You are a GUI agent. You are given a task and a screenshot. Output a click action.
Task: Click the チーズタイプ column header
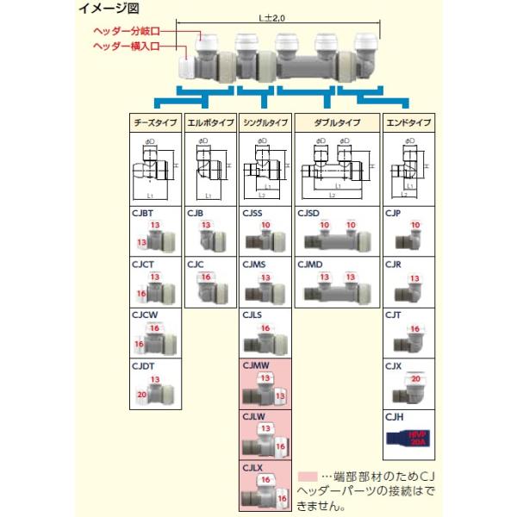click(153, 123)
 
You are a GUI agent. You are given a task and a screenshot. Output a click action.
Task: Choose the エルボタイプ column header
click(209, 123)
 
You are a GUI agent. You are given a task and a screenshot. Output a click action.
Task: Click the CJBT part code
click(142, 212)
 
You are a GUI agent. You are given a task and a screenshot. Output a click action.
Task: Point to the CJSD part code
click(310, 212)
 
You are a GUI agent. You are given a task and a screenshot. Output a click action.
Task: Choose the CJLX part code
click(253, 466)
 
